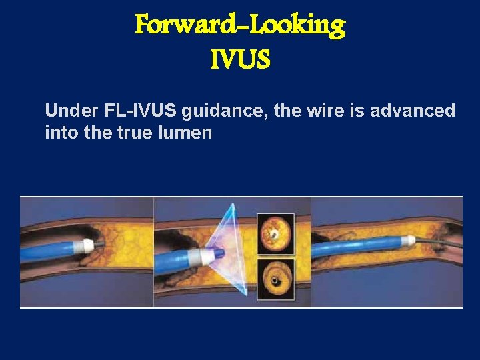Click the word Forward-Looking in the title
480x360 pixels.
coord(240,25)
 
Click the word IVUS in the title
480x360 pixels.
coord(240,61)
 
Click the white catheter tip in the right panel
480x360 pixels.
coord(407,237)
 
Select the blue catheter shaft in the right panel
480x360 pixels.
coord(360,249)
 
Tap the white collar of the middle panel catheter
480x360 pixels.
coord(198,256)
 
